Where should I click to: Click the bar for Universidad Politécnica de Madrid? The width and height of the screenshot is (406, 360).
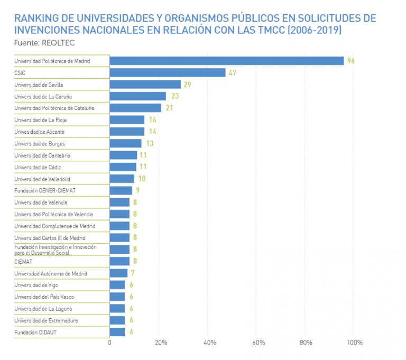(226, 61)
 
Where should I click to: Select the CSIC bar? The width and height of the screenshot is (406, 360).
(168, 73)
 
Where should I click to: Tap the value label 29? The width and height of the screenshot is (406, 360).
(187, 85)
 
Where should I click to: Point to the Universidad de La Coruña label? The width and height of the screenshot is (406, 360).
(43, 97)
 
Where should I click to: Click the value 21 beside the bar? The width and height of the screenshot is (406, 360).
(170, 108)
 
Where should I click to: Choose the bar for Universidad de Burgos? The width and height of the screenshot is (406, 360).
(126, 143)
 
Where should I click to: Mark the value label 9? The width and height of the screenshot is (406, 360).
(137, 190)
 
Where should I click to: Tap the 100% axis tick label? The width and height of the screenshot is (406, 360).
(355, 343)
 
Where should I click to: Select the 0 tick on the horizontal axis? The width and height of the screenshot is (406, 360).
(109, 343)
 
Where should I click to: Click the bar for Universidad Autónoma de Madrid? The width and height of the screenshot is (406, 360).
(118, 273)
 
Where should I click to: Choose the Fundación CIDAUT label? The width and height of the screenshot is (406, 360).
(36, 332)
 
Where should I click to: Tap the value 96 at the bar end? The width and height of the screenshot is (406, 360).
(350, 61)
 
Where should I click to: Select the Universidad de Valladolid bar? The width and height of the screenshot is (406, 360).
(122, 179)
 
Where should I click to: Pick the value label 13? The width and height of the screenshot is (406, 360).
(150, 143)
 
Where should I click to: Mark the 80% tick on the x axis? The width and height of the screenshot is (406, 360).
(306, 343)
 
